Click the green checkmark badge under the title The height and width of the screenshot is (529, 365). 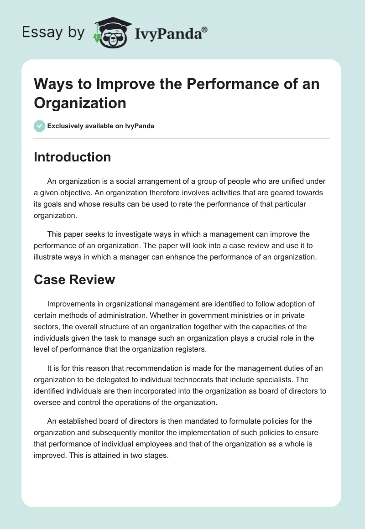click(40, 126)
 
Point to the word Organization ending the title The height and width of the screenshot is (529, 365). click(80, 103)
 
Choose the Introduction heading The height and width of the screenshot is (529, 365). click(72, 157)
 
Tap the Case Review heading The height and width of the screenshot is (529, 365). click(74, 279)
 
